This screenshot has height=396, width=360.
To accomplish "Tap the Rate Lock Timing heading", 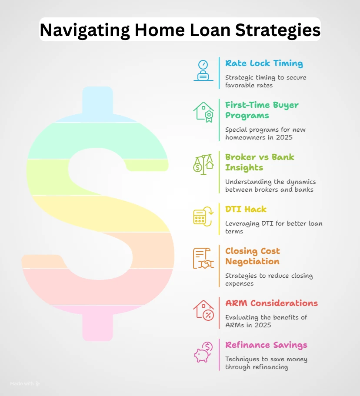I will [264, 63].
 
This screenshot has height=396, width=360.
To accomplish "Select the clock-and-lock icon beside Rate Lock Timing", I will [203, 70].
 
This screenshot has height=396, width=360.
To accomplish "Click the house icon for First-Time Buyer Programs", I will [203, 112].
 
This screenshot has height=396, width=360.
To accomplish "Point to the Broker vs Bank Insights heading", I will [260, 162].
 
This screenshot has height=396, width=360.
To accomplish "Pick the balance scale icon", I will [203, 163].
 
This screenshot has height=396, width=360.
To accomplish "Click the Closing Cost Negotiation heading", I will [253, 256].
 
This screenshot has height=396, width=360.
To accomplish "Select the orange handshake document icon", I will [203, 258].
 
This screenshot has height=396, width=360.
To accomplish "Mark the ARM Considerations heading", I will [271, 303].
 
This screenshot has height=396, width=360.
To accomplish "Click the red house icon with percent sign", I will [203, 310].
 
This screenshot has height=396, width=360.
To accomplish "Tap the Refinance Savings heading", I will [266, 345].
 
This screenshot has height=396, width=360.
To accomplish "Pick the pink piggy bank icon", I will [203, 352].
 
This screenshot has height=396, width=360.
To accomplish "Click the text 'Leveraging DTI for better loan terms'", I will [273, 228].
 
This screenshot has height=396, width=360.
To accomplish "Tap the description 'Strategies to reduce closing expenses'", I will [269, 280].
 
